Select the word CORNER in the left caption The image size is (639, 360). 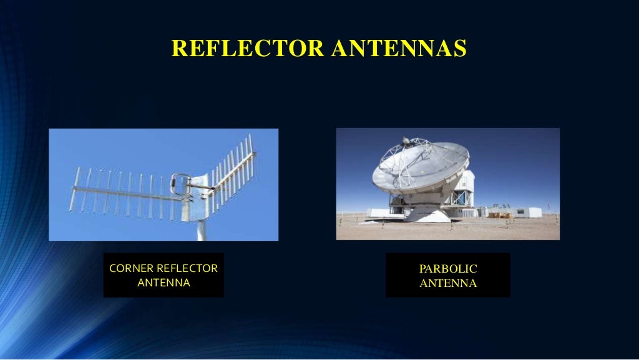(x=131, y=268)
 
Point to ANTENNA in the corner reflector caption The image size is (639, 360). (x=163, y=283)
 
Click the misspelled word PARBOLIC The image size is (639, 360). (x=448, y=269)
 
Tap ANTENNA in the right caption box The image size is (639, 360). (x=448, y=283)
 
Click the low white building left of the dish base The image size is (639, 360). (x=378, y=213)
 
